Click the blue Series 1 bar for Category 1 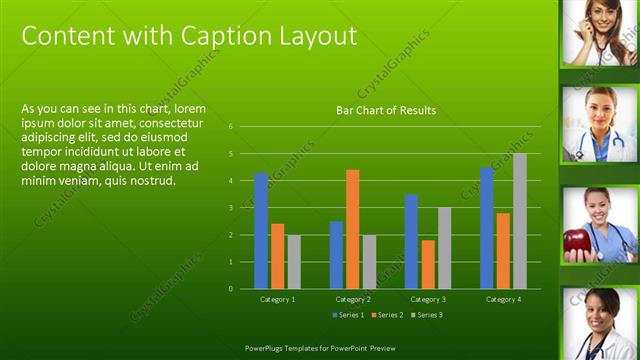pos(261,231)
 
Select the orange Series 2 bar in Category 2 pos(353,229)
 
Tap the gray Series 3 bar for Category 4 pos(520,221)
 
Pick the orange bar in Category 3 pos(428,264)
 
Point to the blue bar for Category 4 pos(487,228)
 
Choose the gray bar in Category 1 pos(294,262)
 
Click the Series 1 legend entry pos(348,315)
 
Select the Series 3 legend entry pos(426,315)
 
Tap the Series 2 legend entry pos(387,315)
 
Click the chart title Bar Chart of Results pos(386,110)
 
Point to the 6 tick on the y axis pos(231,127)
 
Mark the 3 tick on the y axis pos(231,208)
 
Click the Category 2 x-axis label pos(353,299)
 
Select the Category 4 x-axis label pos(503,299)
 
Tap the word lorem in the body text pos(189,108)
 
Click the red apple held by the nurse pos(576,242)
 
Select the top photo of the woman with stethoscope pos(600,33)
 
